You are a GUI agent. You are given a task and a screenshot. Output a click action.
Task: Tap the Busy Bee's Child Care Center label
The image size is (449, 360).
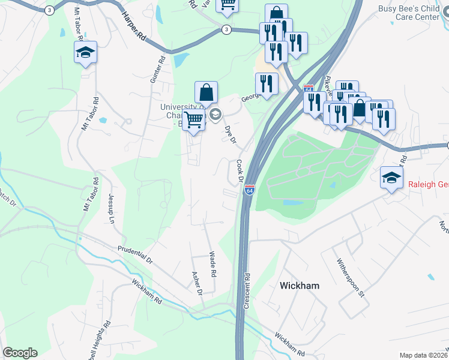coord(413,13)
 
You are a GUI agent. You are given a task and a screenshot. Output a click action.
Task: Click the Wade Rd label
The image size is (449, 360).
coord(212,264)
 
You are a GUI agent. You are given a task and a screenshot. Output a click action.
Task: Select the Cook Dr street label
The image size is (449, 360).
coord(239,170)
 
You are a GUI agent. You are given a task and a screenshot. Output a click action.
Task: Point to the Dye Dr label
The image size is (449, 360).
coord(231,134)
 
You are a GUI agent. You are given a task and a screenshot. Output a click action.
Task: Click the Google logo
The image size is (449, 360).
coord(20,353)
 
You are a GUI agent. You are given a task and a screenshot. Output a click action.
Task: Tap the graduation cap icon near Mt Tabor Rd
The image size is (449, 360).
coord(85,52)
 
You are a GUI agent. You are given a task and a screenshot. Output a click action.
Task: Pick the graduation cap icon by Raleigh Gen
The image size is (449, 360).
coord(391,177)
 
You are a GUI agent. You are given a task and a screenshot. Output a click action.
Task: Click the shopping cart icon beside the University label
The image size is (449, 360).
coord(193,120)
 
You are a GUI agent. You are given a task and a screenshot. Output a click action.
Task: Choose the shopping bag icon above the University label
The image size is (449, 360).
coord(206,92)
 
